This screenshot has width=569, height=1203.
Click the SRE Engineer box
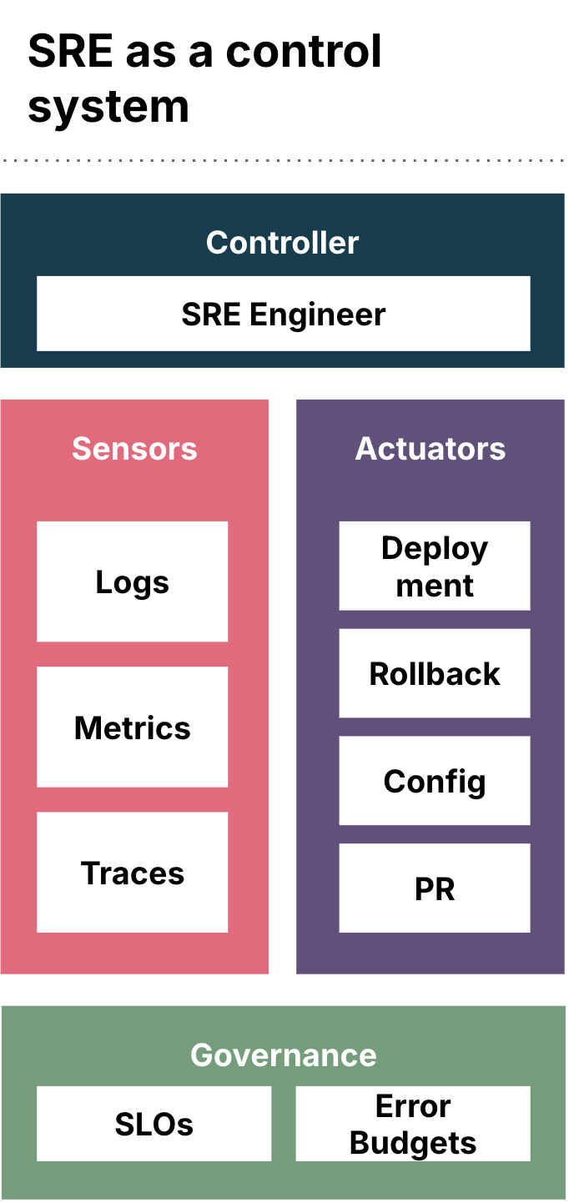(x=283, y=314)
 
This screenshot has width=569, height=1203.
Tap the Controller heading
(x=283, y=243)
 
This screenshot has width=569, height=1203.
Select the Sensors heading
(x=134, y=449)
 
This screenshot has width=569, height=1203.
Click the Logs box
(x=132, y=581)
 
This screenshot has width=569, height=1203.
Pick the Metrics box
(x=132, y=727)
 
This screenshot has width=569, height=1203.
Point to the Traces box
(x=132, y=873)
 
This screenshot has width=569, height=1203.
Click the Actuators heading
(x=431, y=449)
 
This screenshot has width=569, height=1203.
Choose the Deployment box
(x=434, y=566)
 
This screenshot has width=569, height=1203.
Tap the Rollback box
(x=434, y=674)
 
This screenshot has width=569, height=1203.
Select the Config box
(x=434, y=782)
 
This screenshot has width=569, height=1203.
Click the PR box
(x=434, y=889)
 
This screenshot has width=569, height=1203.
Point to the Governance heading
(x=283, y=1055)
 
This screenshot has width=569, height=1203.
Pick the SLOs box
(x=154, y=1125)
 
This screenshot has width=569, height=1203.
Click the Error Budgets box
(x=413, y=1125)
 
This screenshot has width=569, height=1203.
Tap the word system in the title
(x=108, y=107)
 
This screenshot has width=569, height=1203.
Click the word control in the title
(x=304, y=52)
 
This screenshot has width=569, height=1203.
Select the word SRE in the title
(x=71, y=52)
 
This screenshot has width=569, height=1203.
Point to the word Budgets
(x=413, y=1143)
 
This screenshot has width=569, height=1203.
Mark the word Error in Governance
(x=413, y=1106)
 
